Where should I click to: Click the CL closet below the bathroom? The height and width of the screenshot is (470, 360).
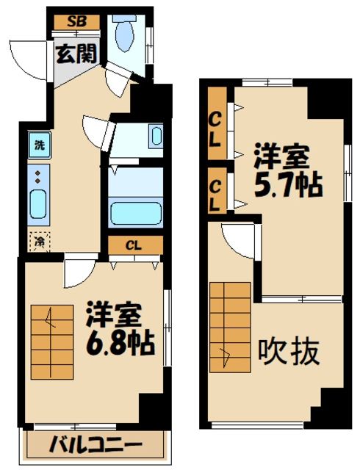133,245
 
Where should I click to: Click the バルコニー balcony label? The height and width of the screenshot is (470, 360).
96,444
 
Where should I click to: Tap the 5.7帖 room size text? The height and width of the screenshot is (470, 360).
289,186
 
